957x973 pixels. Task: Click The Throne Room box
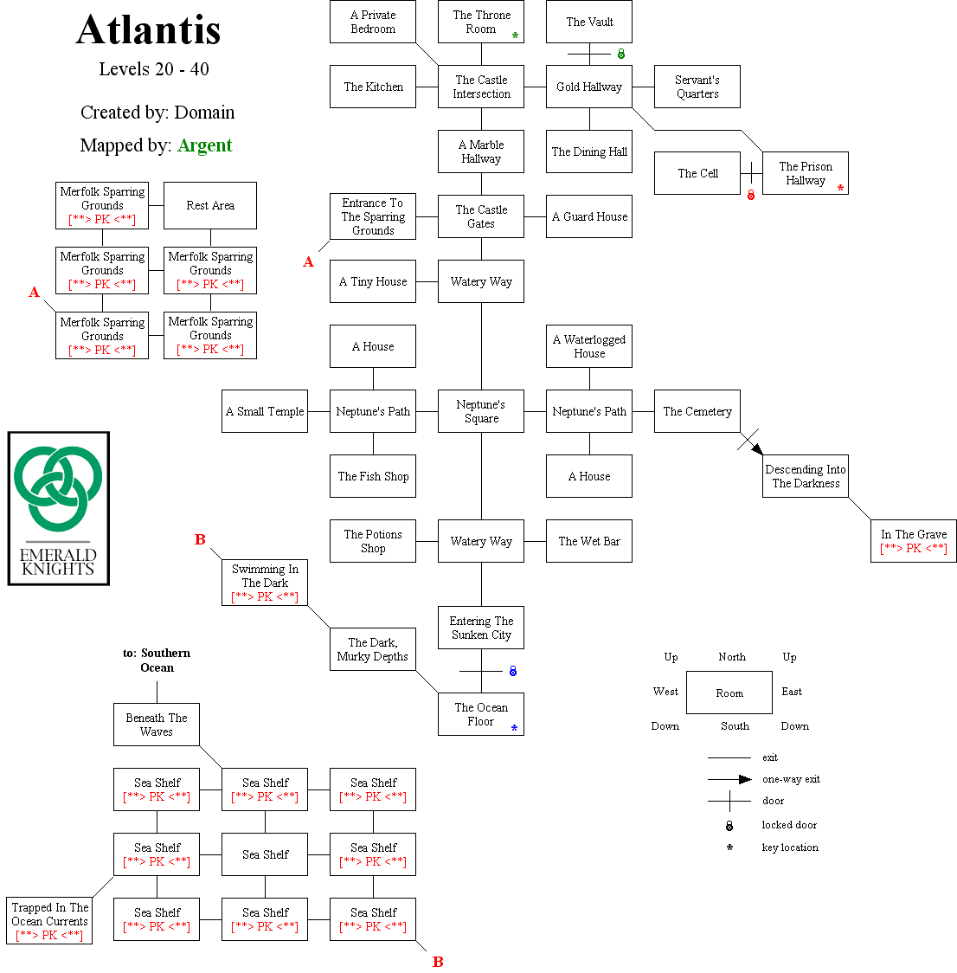[481, 22]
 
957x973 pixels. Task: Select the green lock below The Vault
[620, 54]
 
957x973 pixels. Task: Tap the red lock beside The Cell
[751, 195]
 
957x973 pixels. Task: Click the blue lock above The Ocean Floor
[513, 671]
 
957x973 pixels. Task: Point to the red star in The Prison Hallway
[840, 188]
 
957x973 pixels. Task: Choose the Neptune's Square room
[481, 411]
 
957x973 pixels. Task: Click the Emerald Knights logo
[59, 508]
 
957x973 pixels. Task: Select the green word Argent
[205, 145]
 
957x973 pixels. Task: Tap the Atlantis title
[149, 30]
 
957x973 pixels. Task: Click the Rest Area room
[210, 205]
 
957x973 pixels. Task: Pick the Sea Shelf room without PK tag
[265, 854]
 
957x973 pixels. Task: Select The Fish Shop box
[373, 476]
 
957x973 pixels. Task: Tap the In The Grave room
[913, 541]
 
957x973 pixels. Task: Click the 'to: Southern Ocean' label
[157, 660]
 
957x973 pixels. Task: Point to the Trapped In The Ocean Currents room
[49, 921]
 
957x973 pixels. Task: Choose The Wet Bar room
[589, 541]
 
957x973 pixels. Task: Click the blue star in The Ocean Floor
[514, 729]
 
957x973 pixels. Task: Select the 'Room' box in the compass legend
[729, 693]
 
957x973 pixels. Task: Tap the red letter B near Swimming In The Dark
[200, 539]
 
